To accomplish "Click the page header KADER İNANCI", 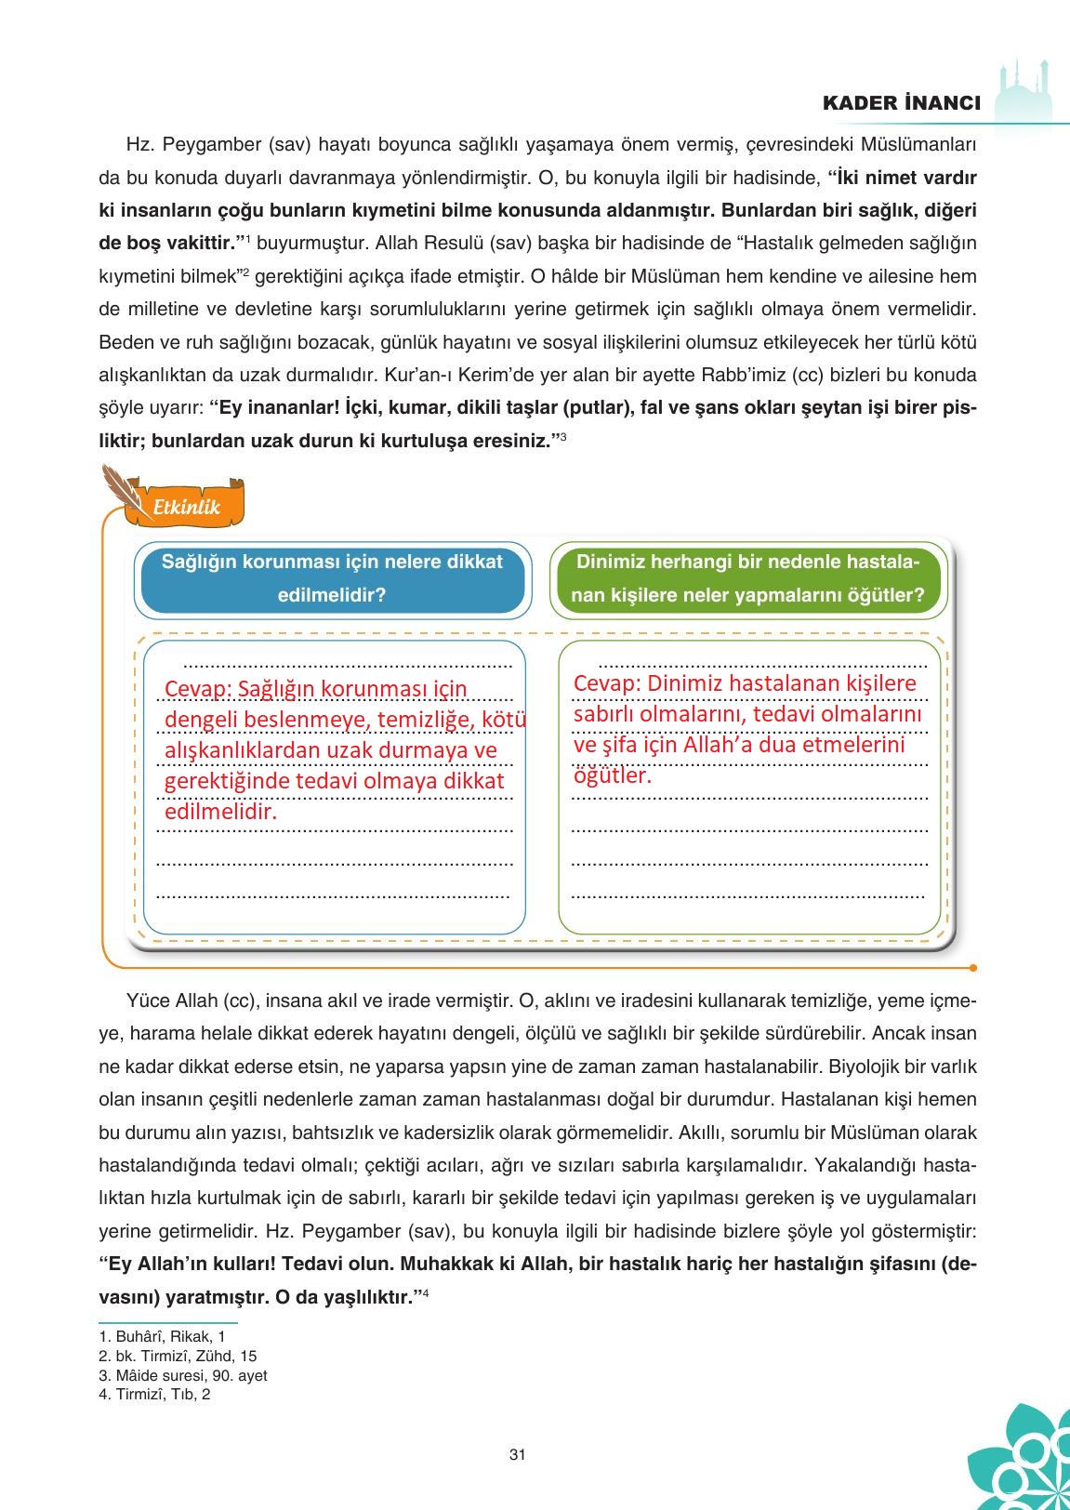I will [901, 103].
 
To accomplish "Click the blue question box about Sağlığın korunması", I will [332, 578].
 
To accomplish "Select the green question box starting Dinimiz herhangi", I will [747, 578].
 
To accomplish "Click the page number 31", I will [518, 1454].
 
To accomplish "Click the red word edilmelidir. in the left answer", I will [221, 812].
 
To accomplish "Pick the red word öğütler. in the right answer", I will [612, 775].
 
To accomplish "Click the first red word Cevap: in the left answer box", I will [196, 689].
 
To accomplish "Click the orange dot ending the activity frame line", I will [972, 967].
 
